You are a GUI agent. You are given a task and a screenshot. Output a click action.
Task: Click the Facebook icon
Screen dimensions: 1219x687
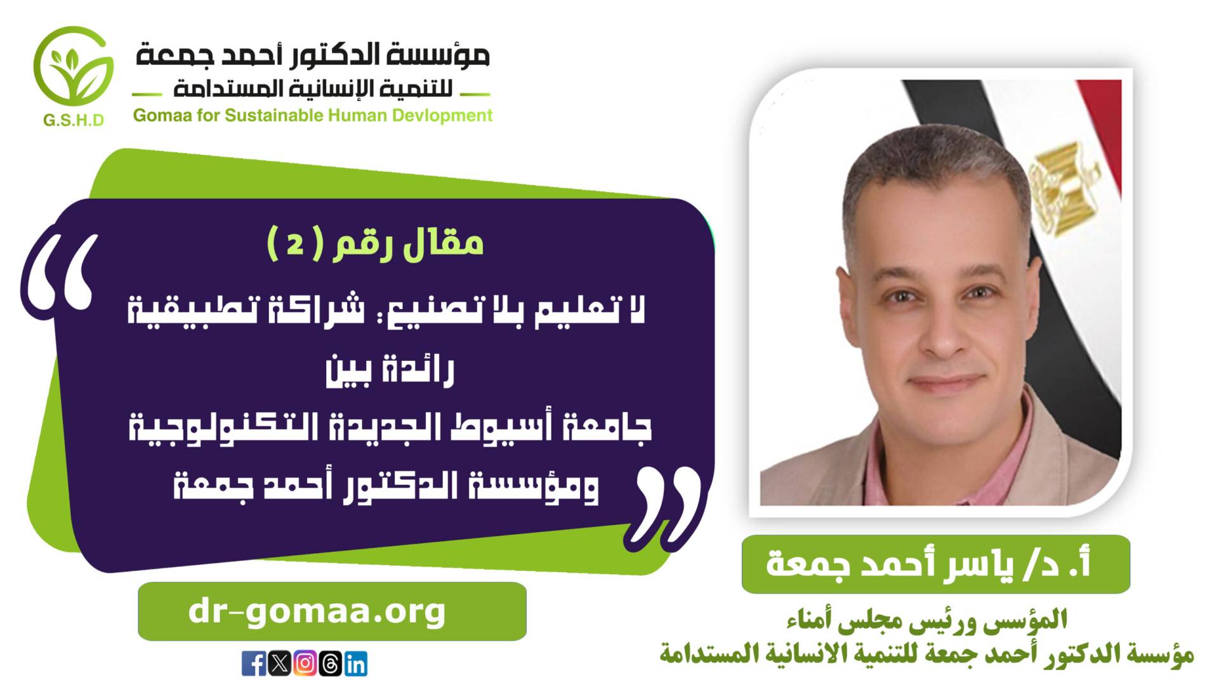click(254, 664)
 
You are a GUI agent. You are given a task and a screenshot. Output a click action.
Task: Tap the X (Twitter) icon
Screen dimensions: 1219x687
click(279, 664)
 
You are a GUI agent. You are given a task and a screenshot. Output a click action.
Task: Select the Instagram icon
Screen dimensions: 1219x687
click(305, 664)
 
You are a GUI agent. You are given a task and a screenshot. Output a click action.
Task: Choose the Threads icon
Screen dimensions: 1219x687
click(330, 664)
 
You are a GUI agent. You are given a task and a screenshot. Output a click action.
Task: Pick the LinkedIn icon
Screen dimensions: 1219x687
click(355, 664)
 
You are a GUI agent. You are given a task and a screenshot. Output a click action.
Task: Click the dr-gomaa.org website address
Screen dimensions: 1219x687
click(317, 612)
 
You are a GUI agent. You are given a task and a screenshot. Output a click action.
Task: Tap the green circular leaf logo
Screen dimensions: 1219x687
click(74, 67)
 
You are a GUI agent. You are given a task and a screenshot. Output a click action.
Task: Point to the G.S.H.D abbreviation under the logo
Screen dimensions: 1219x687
click(74, 121)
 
